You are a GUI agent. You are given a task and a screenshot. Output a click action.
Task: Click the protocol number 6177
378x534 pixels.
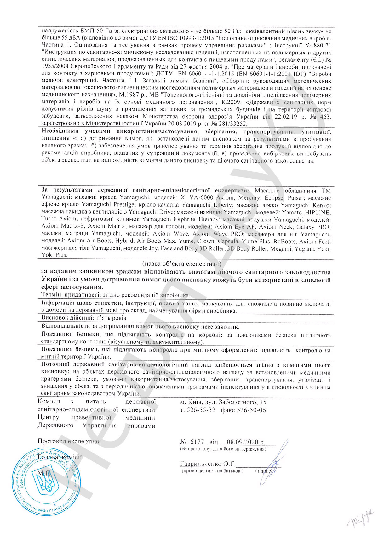coord(198,442)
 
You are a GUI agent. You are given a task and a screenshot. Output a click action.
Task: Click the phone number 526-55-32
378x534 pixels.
coord(201,410)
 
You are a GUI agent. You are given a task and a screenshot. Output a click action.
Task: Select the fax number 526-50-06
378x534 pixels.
coord(252,410)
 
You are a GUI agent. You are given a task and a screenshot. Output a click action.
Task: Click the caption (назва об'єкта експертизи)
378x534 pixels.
coord(181,263)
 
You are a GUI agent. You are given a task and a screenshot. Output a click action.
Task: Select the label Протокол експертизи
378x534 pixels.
coord(69,442)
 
